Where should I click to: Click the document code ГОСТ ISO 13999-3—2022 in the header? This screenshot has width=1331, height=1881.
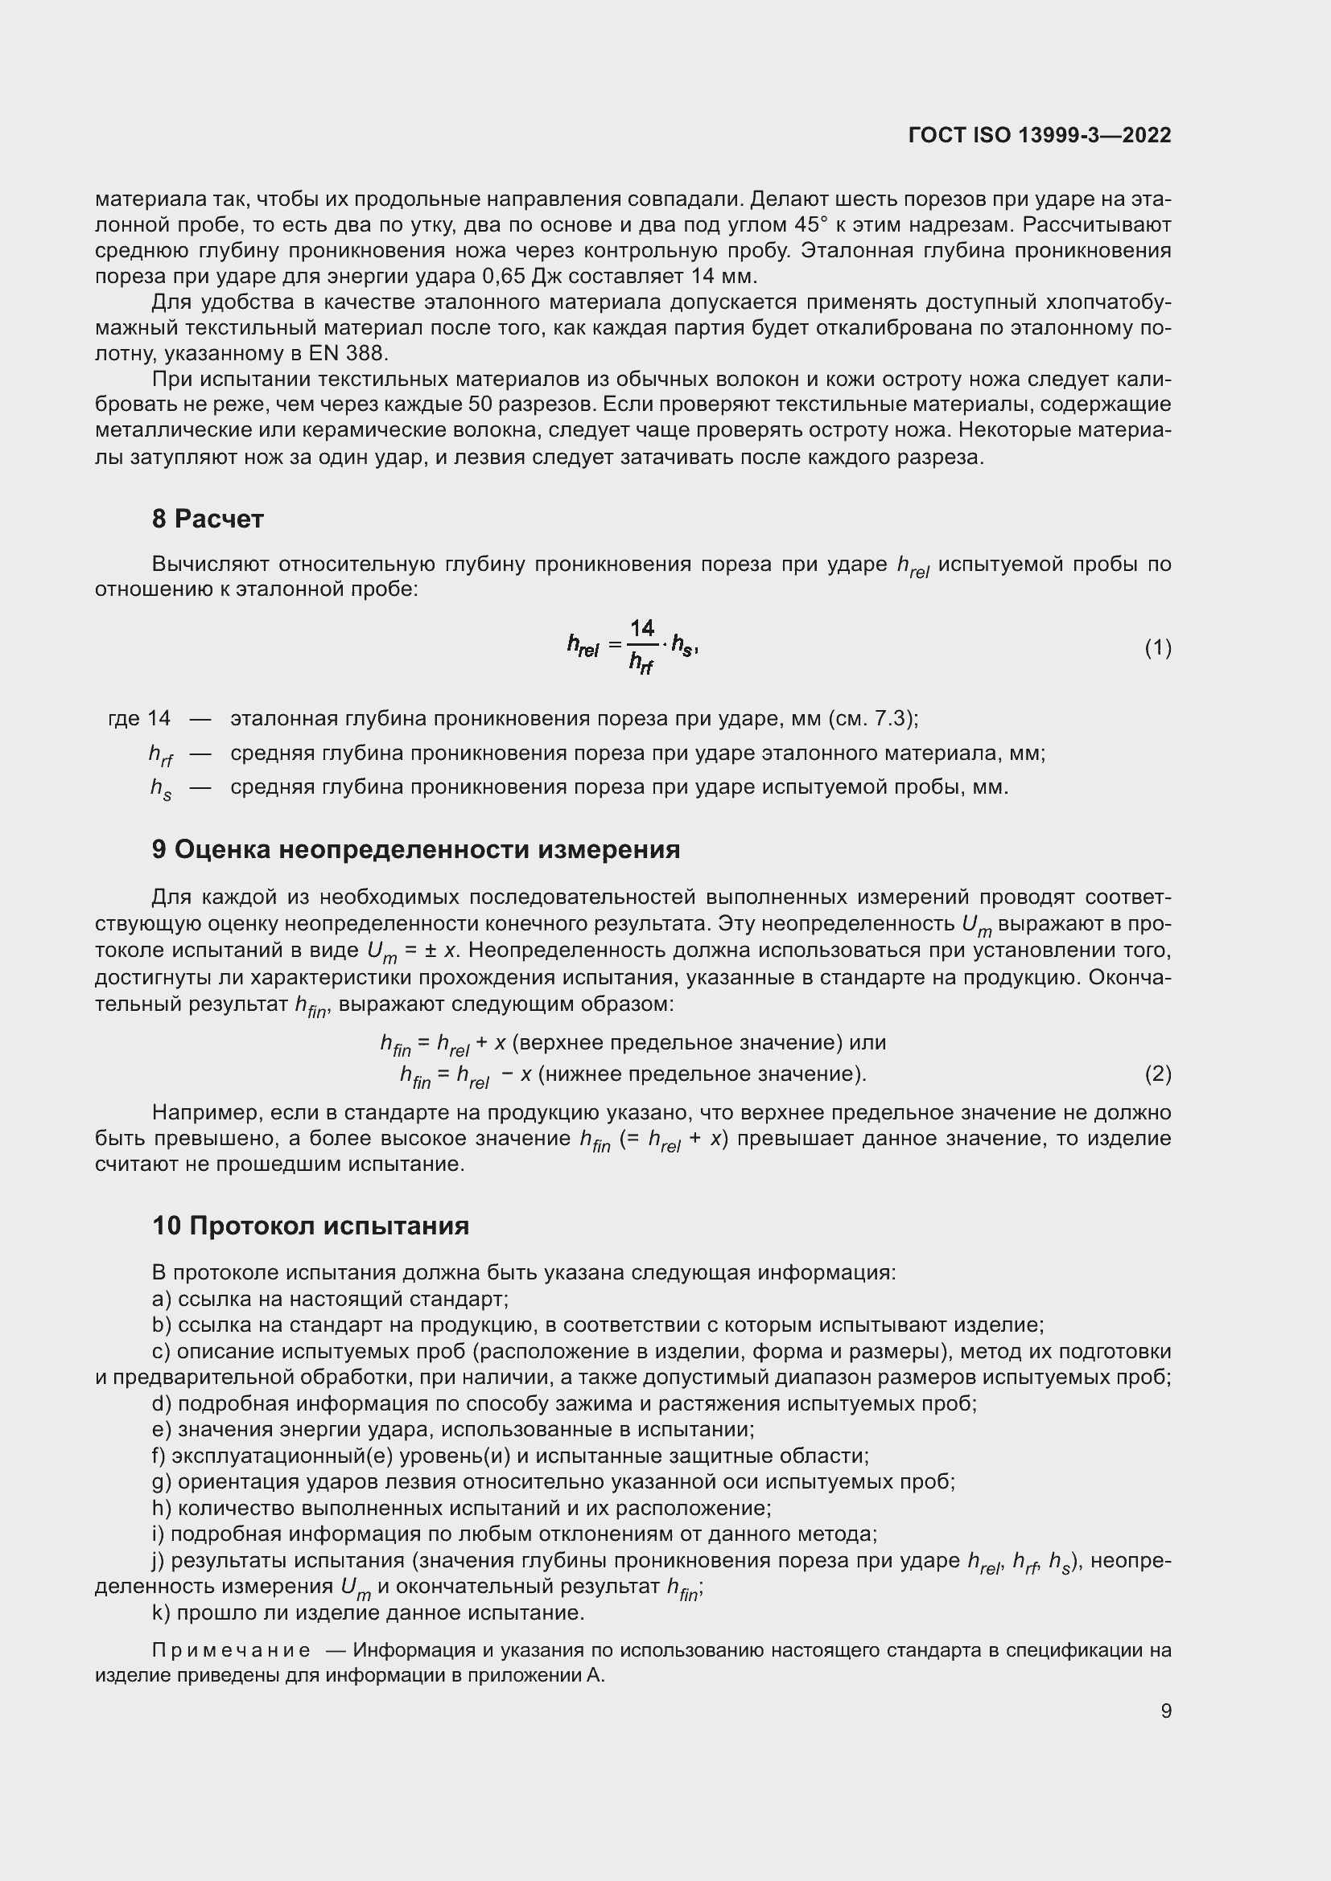(x=1039, y=135)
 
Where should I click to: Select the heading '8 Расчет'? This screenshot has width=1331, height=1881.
(x=208, y=519)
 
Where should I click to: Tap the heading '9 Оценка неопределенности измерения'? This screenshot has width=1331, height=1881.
(x=415, y=849)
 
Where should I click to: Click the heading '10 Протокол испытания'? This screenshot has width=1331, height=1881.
(x=311, y=1226)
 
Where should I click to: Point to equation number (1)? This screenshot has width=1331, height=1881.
(x=1157, y=649)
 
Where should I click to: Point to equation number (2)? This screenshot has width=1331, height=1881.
(x=1157, y=1074)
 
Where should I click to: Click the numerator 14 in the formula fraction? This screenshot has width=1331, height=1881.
(x=641, y=628)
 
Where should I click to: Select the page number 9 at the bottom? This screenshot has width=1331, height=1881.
(x=1165, y=1711)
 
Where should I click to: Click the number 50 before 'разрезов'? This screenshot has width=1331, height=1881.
(x=480, y=405)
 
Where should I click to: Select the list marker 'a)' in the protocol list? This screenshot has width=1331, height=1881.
(x=162, y=1300)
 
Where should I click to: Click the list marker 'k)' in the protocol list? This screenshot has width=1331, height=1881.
(x=161, y=1613)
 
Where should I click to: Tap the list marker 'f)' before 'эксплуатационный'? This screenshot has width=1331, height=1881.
(x=159, y=1456)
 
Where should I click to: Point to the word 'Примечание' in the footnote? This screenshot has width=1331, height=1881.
(x=231, y=1650)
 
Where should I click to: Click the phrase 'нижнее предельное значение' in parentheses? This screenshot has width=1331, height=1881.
(x=701, y=1074)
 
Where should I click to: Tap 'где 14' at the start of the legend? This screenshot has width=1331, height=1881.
(x=139, y=719)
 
